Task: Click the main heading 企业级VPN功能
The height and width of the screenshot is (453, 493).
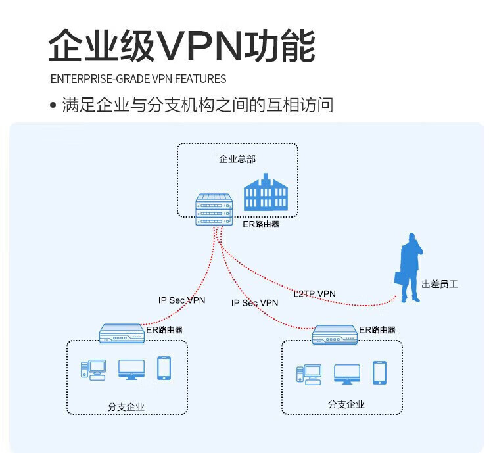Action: point(181,45)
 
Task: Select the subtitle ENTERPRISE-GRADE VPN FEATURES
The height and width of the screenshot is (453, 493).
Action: point(138,79)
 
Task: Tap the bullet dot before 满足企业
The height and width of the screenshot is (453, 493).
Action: point(53,105)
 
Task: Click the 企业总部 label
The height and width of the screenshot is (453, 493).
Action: point(237,159)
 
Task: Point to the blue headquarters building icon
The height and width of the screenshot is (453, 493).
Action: point(266,192)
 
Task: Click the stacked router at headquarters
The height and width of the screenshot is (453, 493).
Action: point(214,210)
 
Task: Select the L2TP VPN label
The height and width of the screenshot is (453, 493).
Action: point(314,294)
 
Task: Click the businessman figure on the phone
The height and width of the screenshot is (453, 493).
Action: point(409,268)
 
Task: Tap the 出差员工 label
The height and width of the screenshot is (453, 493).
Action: point(440,285)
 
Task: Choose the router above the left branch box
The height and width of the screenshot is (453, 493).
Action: point(122,333)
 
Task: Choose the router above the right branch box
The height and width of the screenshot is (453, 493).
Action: point(335,335)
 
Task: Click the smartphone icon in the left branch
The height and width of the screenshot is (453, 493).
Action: point(164,368)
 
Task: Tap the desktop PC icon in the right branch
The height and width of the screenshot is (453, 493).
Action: point(309,375)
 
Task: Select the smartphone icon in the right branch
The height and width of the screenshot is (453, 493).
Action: point(379,373)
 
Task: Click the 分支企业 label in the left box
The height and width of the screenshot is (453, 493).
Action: point(126,407)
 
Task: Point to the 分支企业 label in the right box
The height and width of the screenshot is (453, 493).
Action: point(346,404)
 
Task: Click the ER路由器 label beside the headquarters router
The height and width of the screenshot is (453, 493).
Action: point(261,224)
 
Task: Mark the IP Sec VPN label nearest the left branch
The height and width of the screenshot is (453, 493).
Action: point(181,300)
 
